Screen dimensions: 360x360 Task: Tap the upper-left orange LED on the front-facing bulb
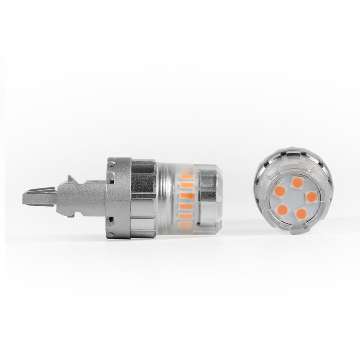[x=280, y=191]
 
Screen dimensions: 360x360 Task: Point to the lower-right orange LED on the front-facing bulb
[x=302, y=214]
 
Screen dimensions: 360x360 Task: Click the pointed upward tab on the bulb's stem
[x=71, y=179]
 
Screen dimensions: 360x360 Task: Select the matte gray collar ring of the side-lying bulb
[x=118, y=197]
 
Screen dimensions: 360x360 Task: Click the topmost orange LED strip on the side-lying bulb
[x=186, y=176]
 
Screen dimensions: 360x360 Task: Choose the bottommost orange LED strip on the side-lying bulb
[x=186, y=225]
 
